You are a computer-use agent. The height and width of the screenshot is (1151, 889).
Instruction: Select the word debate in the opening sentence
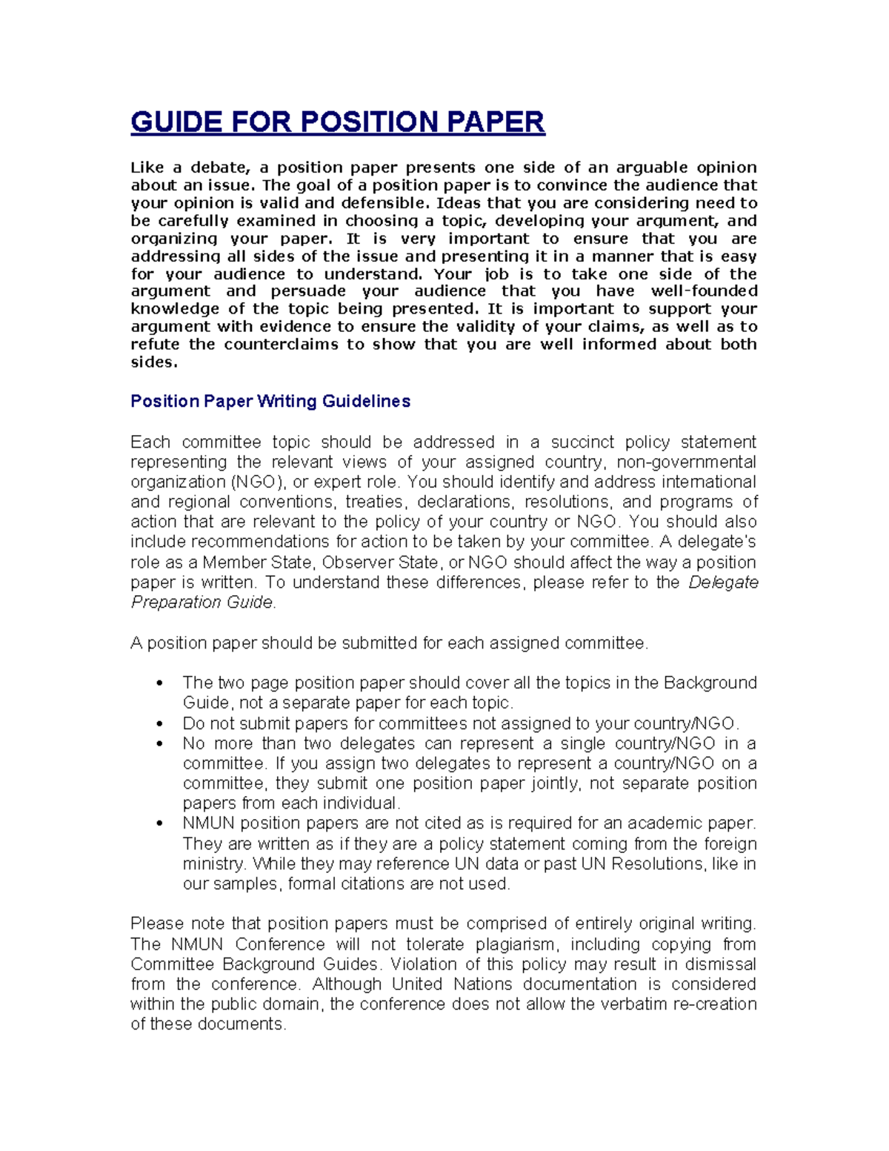click(x=215, y=167)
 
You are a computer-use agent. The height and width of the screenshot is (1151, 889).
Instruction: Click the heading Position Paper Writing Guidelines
click(x=270, y=402)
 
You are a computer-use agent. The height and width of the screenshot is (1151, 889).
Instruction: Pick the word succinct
click(x=581, y=442)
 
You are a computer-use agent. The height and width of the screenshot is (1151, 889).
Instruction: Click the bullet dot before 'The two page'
click(x=159, y=683)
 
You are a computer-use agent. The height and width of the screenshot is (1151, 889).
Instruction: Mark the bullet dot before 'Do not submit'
click(x=159, y=724)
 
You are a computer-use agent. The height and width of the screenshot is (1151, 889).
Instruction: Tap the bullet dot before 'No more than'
click(x=159, y=744)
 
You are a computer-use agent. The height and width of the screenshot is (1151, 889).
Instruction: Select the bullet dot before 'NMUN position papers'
click(x=159, y=824)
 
